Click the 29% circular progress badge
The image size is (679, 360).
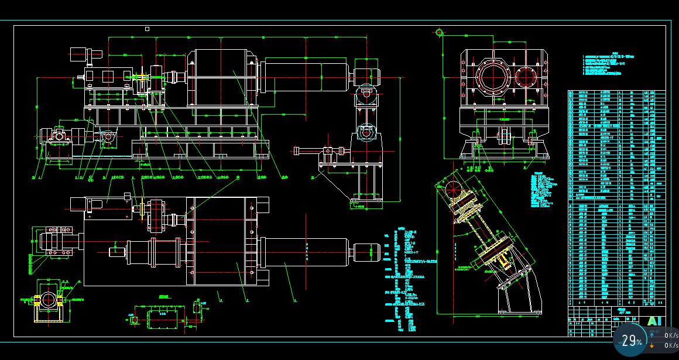click(631, 341)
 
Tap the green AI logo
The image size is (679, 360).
click(655, 321)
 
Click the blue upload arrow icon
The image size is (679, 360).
click(651, 335)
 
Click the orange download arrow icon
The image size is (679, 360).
click(651, 345)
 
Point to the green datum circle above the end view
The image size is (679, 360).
click(439, 32)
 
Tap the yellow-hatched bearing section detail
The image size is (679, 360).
click(47, 300)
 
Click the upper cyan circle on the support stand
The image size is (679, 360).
click(366, 92)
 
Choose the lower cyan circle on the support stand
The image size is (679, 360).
click(366, 133)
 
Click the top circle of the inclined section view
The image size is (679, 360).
click(452, 188)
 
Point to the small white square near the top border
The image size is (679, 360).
click(147, 29)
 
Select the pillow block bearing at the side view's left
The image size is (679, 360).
click(59, 135)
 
